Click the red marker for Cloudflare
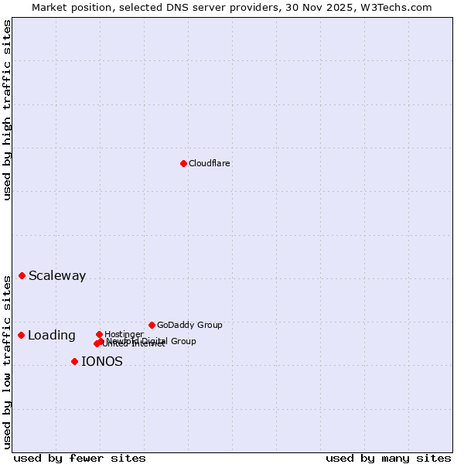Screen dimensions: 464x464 [x=183, y=163]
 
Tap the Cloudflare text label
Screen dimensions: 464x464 [x=209, y=163]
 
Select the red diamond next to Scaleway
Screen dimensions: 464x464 [x=22, y=276]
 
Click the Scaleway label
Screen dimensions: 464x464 [x=57, y=276]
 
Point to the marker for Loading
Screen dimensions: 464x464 [x=22, y=335]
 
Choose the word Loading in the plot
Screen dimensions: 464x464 [x=52, y=336]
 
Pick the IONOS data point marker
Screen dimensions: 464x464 [x=74, y=361]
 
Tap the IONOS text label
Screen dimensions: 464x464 [x=102, y=362]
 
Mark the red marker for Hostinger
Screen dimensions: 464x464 [x=99, y=334]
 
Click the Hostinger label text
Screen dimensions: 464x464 [x=124, y=334]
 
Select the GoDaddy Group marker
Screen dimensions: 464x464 [x=152, y=325]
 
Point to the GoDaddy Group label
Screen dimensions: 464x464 [x=189, y=325]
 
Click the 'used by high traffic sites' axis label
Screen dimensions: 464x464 [x=7, y=110]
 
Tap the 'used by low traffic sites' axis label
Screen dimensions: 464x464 [x=7, y=362]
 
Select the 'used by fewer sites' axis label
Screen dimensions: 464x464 [x=80, y=458]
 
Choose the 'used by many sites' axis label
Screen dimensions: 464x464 [x=388, y=458]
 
